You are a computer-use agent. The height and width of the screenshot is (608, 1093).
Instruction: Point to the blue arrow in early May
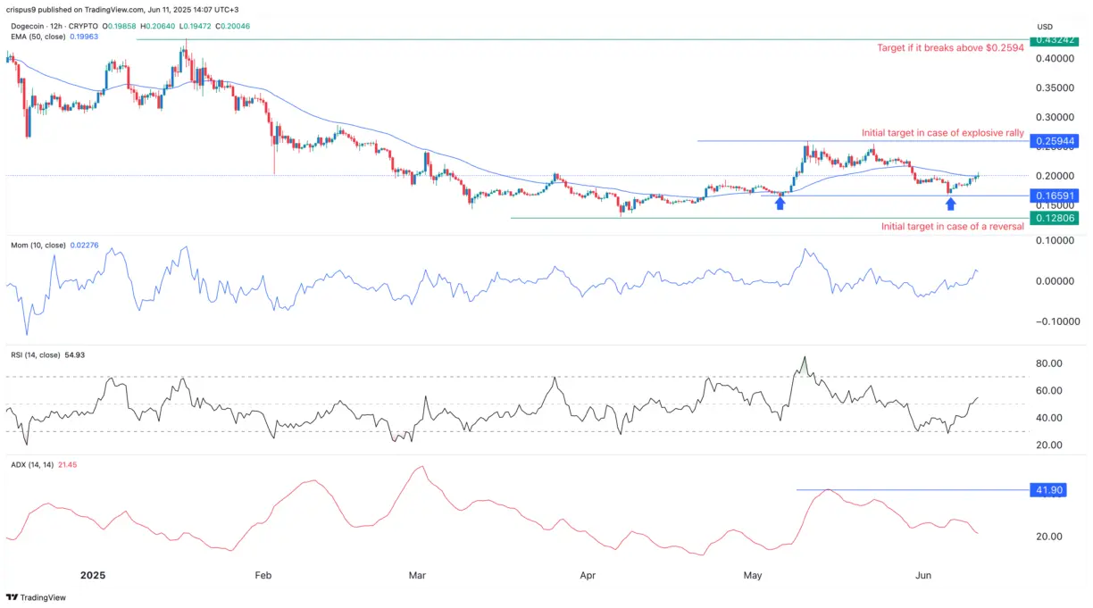[780, 204]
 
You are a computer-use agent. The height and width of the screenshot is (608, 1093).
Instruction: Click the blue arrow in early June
[951, 204]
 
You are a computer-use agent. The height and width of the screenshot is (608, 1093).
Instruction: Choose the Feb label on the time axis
[263, 576]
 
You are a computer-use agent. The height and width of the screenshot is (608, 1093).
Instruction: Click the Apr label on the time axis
[588, 576]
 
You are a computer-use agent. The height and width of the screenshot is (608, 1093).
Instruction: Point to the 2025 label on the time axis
[93, 576]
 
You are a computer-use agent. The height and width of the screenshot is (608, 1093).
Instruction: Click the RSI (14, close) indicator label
[37, 355]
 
